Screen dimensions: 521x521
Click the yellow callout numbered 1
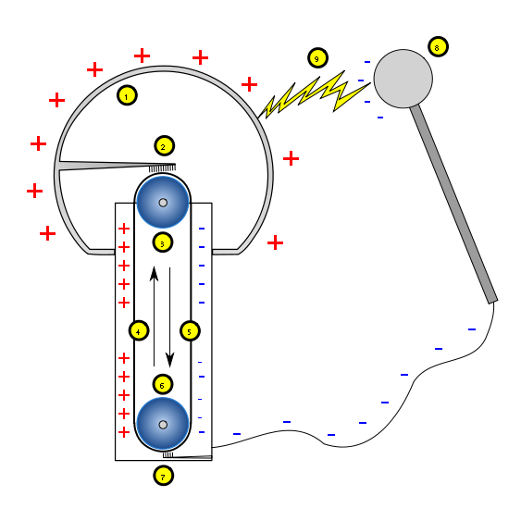[127, 95]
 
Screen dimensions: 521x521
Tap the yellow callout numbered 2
[164, 145]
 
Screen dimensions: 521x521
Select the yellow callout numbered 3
[163, 242]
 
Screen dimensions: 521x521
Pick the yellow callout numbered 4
[139, 330]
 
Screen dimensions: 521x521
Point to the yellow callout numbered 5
[190, 330]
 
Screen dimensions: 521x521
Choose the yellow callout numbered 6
[163, 384]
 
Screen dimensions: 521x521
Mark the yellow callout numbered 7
[164, 476]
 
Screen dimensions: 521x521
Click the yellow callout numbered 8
[438, 46]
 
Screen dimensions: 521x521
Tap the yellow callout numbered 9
[317, 58]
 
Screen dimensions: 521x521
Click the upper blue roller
[163, 203]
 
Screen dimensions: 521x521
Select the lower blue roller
[163, 424]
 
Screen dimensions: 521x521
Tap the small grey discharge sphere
[403, 79]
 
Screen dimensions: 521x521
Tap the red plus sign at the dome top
[142, 56]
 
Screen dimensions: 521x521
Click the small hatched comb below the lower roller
[167, 454]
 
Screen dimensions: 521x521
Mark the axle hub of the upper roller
[163, 203]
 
